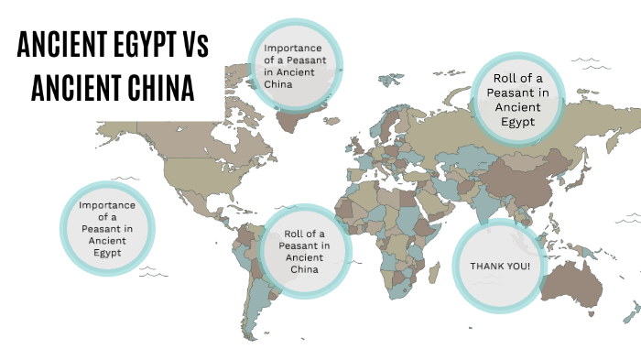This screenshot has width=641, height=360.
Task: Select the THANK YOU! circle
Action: tap(500, 266)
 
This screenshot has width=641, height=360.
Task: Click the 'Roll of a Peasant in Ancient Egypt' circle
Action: tap(518, 98)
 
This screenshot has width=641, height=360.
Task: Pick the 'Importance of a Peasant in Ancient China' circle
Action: tap(296, 66)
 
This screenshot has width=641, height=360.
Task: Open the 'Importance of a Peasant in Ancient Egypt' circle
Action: tap(107, 229)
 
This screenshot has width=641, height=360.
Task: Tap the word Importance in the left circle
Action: tap(107, 205)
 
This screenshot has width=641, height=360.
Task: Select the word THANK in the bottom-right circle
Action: tap(486, 266)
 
